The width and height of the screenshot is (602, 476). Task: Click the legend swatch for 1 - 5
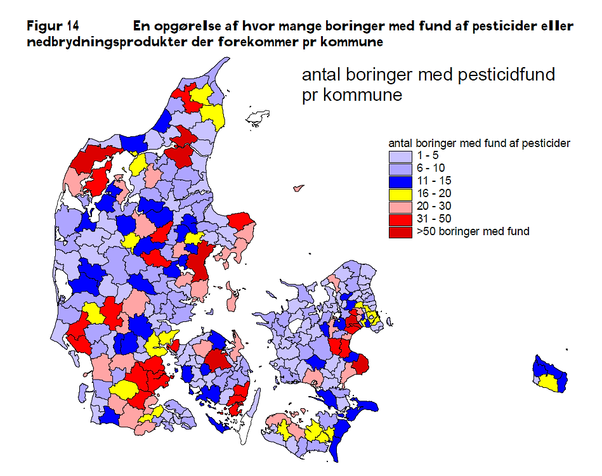pyautogui.click(x=400, y=156)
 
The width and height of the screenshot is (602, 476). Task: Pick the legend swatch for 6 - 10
pyautogui.click(x=400, y=169)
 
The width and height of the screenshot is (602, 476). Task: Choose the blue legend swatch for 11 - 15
pyautogui.click(x=400, y=181)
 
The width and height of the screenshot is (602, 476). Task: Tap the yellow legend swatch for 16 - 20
pyautogui.click(x=400, y=194)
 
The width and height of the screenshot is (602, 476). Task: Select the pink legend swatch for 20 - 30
pyautogui.click(x=400, y=207)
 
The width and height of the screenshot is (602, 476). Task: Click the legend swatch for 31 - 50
pyautogui.click(x=400, y=219)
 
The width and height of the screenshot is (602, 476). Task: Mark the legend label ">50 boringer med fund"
pyautogui.click(x=473, y=232)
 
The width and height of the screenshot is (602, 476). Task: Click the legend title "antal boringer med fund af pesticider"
pyautogui.click(x=478, y=143)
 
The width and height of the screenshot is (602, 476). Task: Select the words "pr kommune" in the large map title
pyautogui.click(x=351, y=96)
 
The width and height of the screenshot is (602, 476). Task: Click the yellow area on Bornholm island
pyautogui.click(x=549, y=382)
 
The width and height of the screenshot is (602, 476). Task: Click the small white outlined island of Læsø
pyautogui.click(x=258, y=119)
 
